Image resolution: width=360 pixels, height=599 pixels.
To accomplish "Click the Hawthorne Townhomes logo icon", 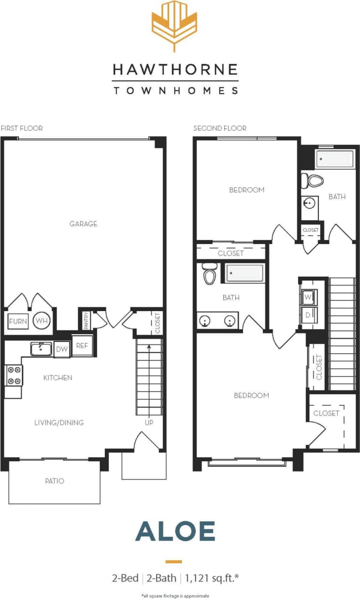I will [174, 26].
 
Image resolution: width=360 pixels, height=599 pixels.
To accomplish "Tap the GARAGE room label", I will [83, 224].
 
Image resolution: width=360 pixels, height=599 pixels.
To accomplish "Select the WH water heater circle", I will [42, 321].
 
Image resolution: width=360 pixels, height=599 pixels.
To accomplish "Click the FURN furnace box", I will [18, 321].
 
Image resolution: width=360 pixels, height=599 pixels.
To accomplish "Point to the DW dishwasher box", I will [61, 349].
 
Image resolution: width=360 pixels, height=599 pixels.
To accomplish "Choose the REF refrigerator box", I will [82, 346].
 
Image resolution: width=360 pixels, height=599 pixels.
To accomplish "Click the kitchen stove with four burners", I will [14, 375].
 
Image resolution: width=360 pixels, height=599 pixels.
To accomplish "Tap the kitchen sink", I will [42, 348].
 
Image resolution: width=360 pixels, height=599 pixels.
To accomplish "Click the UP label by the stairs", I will [149, 422].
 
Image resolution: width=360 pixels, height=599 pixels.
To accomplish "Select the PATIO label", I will [55, 481].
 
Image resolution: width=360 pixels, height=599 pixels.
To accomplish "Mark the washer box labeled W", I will [308, 297].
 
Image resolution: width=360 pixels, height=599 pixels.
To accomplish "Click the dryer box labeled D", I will [308, 314].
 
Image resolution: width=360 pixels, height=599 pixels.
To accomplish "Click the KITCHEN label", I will [58, 378].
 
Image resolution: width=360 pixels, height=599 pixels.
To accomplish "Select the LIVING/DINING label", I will [59, 423].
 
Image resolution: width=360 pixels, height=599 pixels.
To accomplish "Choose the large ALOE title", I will [175, 531].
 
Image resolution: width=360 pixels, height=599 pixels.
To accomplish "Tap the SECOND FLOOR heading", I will [220, 128].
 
